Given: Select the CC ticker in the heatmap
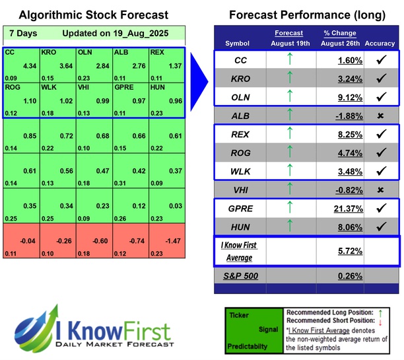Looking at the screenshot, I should pyautogui.click(x=9, y=52).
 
